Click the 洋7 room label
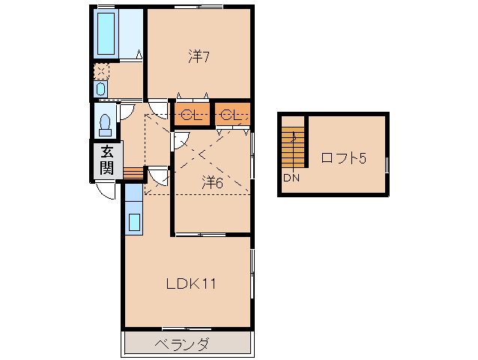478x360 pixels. tap(198, 55)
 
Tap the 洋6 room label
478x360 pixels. tap(212, 182)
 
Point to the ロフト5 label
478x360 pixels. tap(343, 158)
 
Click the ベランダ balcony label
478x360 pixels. tap(182, 345)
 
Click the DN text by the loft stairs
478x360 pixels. tap(291, 178)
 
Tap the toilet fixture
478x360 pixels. tap(104, 120)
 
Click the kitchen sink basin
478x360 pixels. tap(134, 221)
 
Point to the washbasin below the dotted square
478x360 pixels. tap(101, 89)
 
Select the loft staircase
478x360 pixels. tap(294, 147)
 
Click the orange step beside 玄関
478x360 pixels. tap(132, 174)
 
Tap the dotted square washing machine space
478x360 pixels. tap(101, 71)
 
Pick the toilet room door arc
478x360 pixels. tap(126, 111)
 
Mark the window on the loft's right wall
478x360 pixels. tap(387, 165)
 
